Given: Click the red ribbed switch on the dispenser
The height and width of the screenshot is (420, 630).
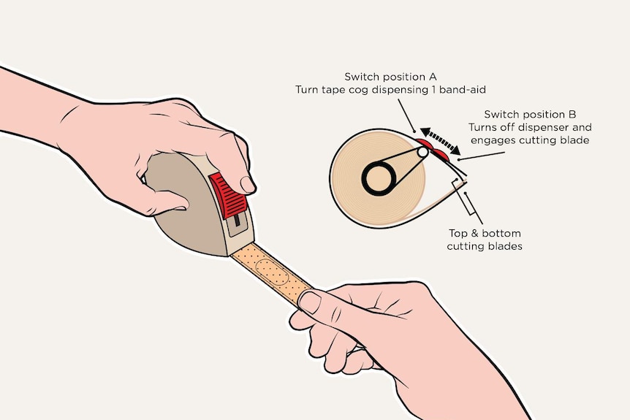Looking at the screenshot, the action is pyautogui.click(x=227, y=196).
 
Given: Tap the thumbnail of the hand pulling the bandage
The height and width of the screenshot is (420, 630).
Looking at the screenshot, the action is pyautogui.click(x=310, y=302).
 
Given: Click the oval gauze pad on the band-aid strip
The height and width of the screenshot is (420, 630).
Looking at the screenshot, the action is pyautogui.click(x=272, y=271).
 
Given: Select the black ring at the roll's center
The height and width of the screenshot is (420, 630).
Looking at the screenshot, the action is pyautogui.click(x=379, y=178).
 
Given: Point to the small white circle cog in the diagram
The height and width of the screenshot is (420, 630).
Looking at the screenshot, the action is pyautogui.click(x=422, y=152).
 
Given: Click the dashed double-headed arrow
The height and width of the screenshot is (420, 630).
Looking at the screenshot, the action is pyautogui.click(x=441, y=141).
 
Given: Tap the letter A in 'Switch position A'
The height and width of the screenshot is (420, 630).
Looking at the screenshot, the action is pyautogui.click(x=433, y=77).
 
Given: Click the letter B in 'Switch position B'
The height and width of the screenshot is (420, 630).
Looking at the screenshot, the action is pyautogui.click(x=572, y=115).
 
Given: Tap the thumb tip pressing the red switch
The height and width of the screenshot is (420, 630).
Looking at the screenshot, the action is pyautogui.click(x=248, y=184).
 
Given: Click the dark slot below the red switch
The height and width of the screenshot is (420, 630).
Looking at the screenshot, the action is pyautogui.click(x=237, y=219).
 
